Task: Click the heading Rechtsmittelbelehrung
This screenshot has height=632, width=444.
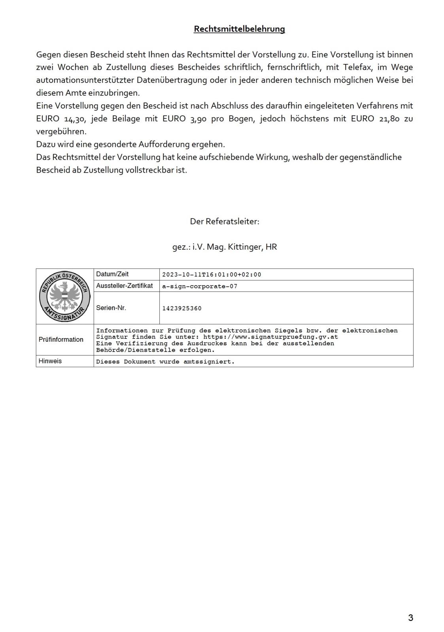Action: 239,29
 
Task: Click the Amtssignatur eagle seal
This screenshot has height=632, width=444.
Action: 65,296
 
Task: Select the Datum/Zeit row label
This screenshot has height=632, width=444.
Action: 112,274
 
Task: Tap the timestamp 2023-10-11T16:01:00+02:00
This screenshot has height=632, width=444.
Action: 212,275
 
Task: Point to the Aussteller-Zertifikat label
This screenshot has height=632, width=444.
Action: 125,286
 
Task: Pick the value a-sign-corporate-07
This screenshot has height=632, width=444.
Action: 200,286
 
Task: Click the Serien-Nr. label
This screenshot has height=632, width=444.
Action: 111,308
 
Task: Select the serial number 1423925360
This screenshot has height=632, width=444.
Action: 182,308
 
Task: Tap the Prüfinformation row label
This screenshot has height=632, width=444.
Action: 61,339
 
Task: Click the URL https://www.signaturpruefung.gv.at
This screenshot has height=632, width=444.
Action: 270,337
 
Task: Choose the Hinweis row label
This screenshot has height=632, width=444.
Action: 50,361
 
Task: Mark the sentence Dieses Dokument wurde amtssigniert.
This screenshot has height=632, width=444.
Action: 165,362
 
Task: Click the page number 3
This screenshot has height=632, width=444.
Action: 410,618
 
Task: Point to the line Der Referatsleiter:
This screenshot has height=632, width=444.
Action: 225,221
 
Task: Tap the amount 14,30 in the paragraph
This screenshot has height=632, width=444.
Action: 75,119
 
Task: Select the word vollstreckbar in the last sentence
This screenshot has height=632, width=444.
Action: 150,170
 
